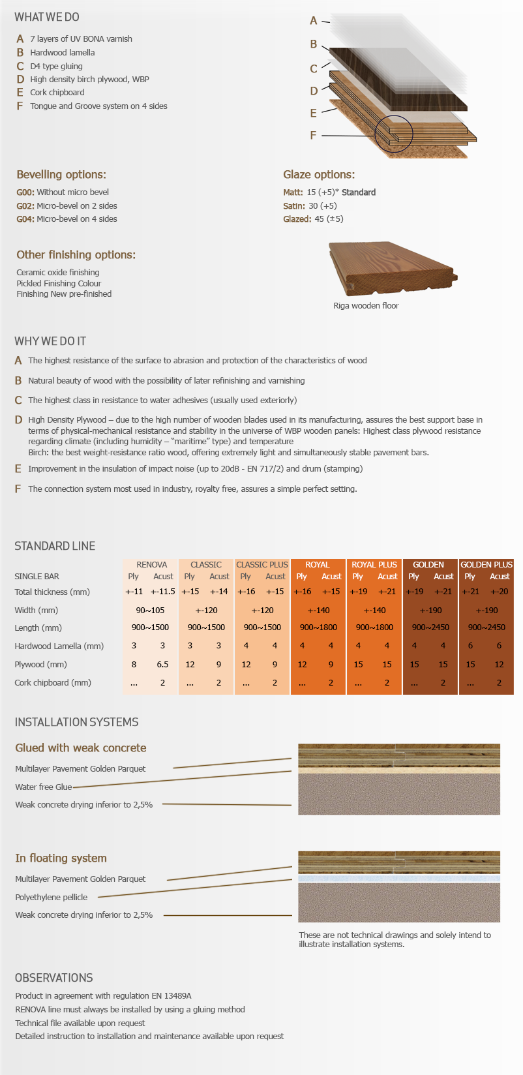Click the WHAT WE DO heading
tap(47, 17)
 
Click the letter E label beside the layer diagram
tap(313, 113)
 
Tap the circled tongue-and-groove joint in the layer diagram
tap(394, 134)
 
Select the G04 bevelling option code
tap(25, 219)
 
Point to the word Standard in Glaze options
tap(359, 192)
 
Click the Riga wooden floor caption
tap(366, 305)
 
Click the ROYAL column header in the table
tap(318, 565)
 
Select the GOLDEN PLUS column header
tap(486, 565)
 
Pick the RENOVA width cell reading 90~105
tap(150, 611)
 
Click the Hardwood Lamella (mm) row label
tap(59, 646)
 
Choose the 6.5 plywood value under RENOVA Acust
tap(162, 665)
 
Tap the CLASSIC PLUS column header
tap(261, 565)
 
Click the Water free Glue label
tap(43, 787)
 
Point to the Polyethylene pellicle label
tap(51, 898)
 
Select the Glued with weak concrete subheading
tap(81, 748)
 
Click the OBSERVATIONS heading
tap(54, 978)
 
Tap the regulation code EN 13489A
tap(174, 996)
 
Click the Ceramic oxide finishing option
tap(58, 273)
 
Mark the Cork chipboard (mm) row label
tap(53, 683)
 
